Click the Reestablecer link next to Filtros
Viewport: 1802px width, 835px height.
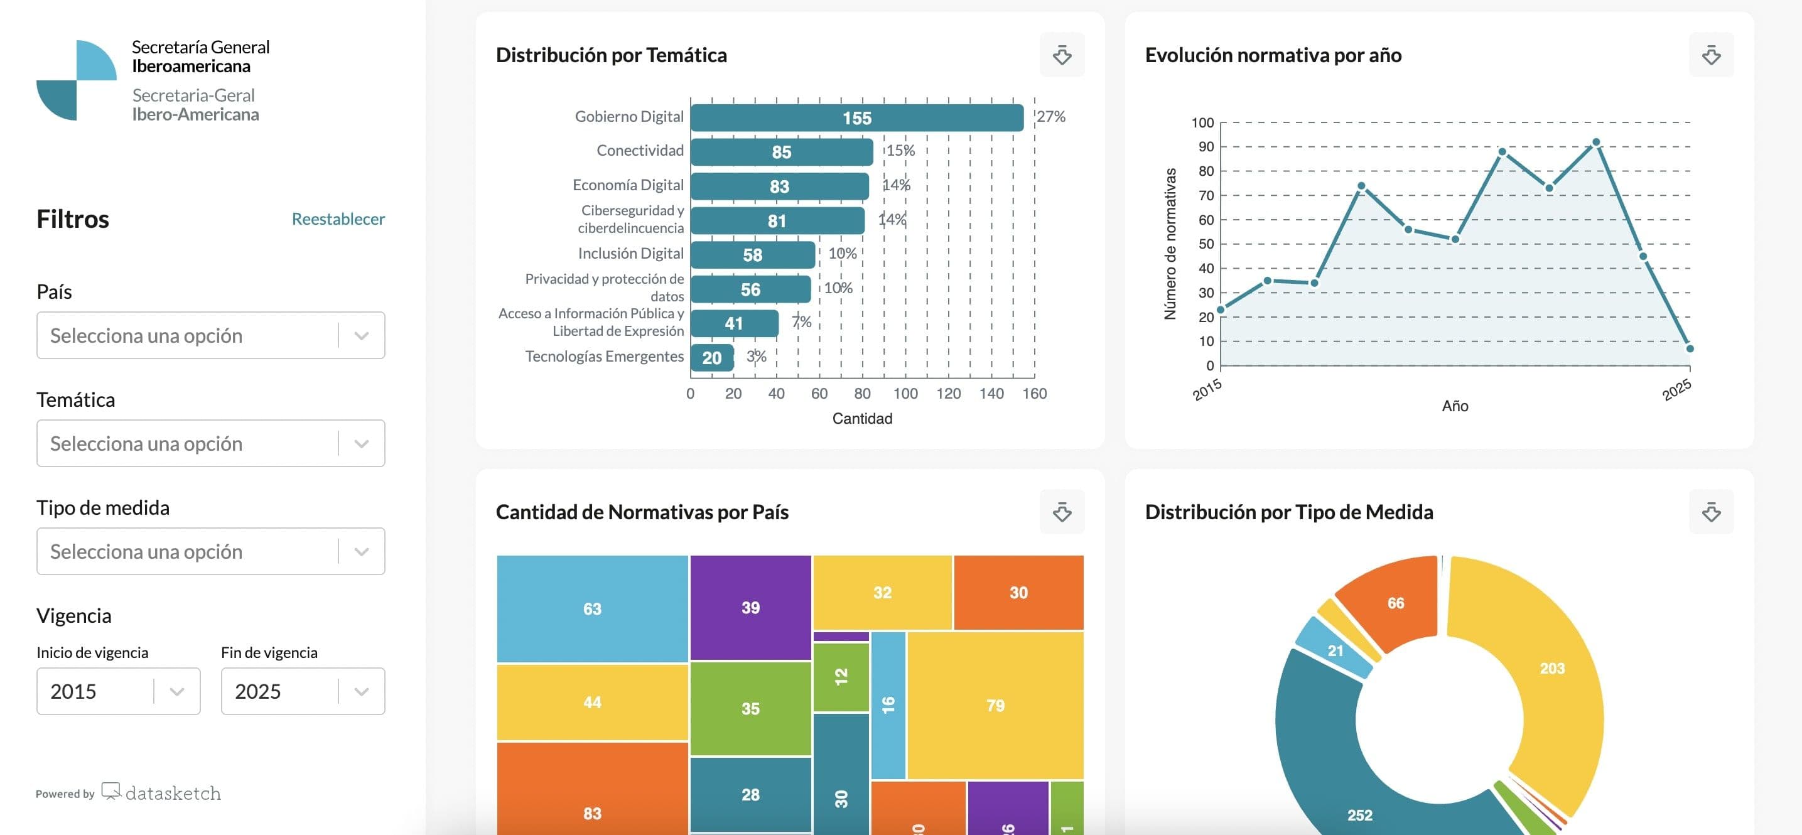coord(338,219)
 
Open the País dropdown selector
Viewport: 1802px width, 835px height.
coord(210,336)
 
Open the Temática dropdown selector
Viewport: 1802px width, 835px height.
coord(210,443)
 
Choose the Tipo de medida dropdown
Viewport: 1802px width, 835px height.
coord(210,551)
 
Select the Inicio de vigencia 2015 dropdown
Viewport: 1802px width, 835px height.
coord(117,691)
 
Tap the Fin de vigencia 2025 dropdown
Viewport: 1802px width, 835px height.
coord(302,691)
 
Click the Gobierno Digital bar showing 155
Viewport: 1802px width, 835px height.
coord(856,118)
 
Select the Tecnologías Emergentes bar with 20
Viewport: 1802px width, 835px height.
coord(711,358)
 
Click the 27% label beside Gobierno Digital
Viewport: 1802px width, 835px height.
coord(1050,117)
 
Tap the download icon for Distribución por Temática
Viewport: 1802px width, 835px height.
coord(1062,55)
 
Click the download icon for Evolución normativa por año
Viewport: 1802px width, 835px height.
coord(1711,55)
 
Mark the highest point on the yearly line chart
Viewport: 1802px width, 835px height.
coord(1595,143)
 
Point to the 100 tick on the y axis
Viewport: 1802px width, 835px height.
coord(1202,123)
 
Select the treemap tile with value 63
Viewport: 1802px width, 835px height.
coord(592,608)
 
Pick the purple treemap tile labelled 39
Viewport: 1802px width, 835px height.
coord(750,607)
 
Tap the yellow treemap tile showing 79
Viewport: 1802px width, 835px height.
coord(995,705)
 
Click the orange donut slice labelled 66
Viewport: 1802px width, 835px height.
coord(1395,603)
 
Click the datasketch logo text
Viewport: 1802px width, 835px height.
coord(173,793)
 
